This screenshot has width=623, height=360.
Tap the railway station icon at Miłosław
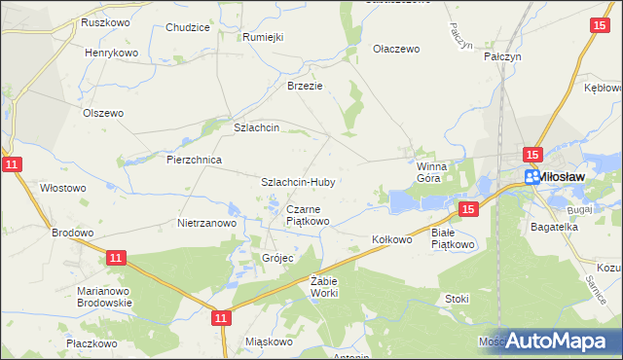531,177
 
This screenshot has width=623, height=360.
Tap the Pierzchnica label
195,160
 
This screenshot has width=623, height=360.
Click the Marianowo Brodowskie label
104,297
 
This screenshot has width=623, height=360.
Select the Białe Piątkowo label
452,239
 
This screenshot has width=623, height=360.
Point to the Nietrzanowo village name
207,223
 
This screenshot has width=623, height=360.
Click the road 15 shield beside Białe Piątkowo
468,209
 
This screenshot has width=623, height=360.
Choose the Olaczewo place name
396,48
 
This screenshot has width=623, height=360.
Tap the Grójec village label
277,258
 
